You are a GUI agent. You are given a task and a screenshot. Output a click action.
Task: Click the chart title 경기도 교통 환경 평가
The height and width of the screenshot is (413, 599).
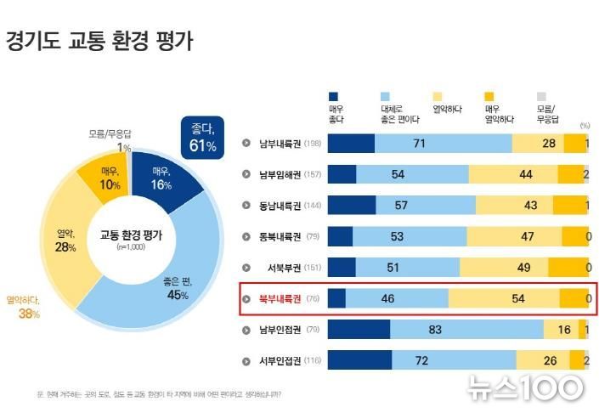[x=99, y=41]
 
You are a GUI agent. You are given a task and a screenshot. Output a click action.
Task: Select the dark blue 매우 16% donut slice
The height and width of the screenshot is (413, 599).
[x=163, y=176]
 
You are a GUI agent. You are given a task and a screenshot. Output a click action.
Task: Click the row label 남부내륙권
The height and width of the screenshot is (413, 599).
[x=279, y=144]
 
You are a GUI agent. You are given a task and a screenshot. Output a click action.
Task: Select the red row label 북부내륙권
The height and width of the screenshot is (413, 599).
[x=279, y=299]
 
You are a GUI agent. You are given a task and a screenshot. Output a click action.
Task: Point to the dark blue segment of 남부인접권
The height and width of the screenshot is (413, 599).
[x=358, y=330]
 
